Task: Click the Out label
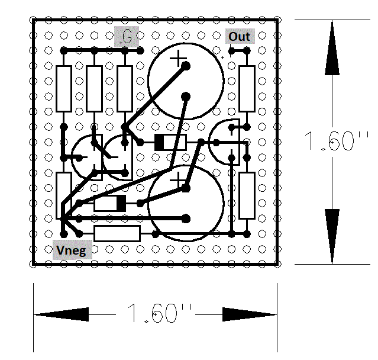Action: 240,37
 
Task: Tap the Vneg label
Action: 72,250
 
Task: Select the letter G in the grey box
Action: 127,37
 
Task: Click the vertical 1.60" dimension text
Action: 336,142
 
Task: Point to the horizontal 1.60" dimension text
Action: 160,313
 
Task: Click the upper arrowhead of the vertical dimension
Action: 332,47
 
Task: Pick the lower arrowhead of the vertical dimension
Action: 332,236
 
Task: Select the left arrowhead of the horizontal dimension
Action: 62,314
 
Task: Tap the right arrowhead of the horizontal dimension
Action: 249,314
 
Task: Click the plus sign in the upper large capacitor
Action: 178,58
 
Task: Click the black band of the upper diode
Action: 159,143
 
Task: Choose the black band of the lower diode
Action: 121,203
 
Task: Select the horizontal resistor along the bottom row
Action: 117,233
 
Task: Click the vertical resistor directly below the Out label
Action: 247,89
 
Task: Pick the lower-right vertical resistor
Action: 247,195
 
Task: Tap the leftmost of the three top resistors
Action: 64,89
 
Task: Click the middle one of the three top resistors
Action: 94,89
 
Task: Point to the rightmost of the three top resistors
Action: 125,89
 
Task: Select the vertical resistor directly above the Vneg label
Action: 64,195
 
